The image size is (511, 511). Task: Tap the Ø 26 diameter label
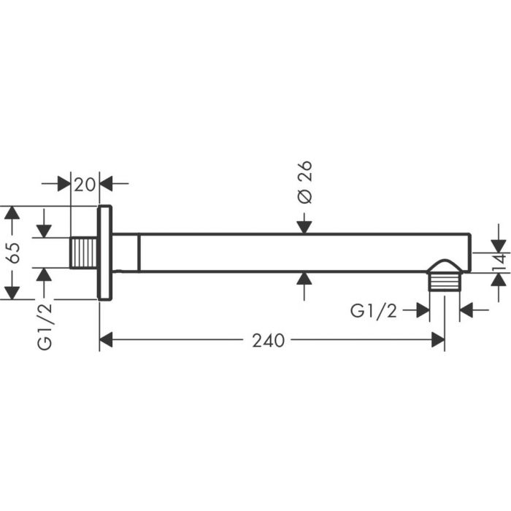[305, 183]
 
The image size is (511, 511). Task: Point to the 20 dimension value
[85, 183]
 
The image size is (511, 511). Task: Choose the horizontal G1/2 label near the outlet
[373, 312]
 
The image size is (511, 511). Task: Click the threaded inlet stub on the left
[85, 253]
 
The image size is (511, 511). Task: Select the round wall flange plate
[105, 253]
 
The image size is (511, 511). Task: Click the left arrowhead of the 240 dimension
[107, 340]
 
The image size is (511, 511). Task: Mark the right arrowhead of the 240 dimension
[438, 340]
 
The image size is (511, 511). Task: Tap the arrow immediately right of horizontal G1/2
[421, 312]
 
